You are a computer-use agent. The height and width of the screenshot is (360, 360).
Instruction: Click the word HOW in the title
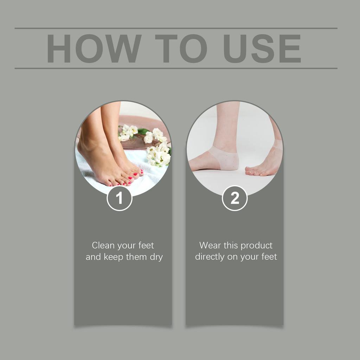94,49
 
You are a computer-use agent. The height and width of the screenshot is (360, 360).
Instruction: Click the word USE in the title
262,49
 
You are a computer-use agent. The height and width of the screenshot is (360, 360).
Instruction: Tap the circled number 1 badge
120,198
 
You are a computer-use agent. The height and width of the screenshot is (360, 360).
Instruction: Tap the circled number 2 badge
235,198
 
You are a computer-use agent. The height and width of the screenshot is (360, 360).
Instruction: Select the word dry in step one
156,257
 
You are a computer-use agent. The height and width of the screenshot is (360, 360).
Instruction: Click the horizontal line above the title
176,28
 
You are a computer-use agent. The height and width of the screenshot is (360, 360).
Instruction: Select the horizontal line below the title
176,68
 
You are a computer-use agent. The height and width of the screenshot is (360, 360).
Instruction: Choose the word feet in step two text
269,257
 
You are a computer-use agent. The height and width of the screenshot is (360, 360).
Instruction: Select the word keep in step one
114,257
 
